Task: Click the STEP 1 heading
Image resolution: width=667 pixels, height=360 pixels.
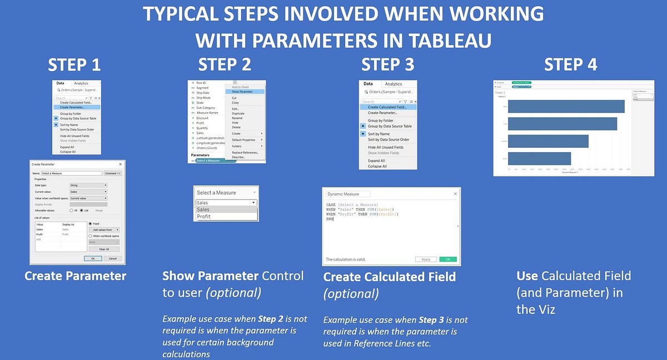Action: pos(74,64)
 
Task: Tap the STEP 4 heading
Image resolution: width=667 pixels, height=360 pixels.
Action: pos(570,64)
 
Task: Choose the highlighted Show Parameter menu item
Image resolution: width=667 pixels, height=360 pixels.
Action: pos(242,92)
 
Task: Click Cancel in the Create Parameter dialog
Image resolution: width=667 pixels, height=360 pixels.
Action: pos(112,258)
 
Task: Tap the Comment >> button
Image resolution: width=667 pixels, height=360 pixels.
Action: pos(113,174)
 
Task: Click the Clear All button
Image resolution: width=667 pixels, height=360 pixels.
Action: pos(103,249)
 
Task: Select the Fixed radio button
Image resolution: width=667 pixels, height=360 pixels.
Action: pos(91,224)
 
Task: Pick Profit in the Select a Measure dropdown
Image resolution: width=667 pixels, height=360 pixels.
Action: pos(204,216)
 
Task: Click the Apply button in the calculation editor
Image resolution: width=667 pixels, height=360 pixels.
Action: pos(426,259)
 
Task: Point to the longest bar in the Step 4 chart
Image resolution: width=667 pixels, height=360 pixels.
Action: pos(566,106)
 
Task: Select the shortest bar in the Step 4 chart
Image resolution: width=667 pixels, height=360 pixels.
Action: pos(539,158)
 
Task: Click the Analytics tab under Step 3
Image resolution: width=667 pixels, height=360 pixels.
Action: pos(394,84)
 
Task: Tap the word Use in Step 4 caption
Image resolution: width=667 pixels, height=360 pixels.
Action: pos(527,276)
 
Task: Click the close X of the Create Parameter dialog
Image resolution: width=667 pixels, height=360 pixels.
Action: pos(121,164)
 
